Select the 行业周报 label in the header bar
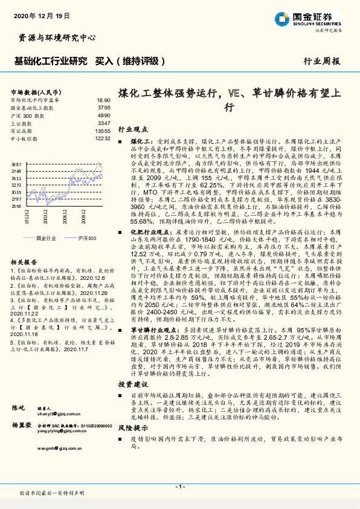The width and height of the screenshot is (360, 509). [x=321, y=61]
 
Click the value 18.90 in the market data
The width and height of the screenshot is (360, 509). [x=103, y=100]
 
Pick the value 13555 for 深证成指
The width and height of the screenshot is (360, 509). [x=103, y=131]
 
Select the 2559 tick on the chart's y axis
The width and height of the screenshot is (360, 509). [x=16, y=206]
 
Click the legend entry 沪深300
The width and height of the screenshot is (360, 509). [x=86, y=239]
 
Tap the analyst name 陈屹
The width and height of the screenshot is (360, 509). [x=18, y=407]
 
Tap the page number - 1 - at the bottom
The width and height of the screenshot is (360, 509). [x=179, y=487]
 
